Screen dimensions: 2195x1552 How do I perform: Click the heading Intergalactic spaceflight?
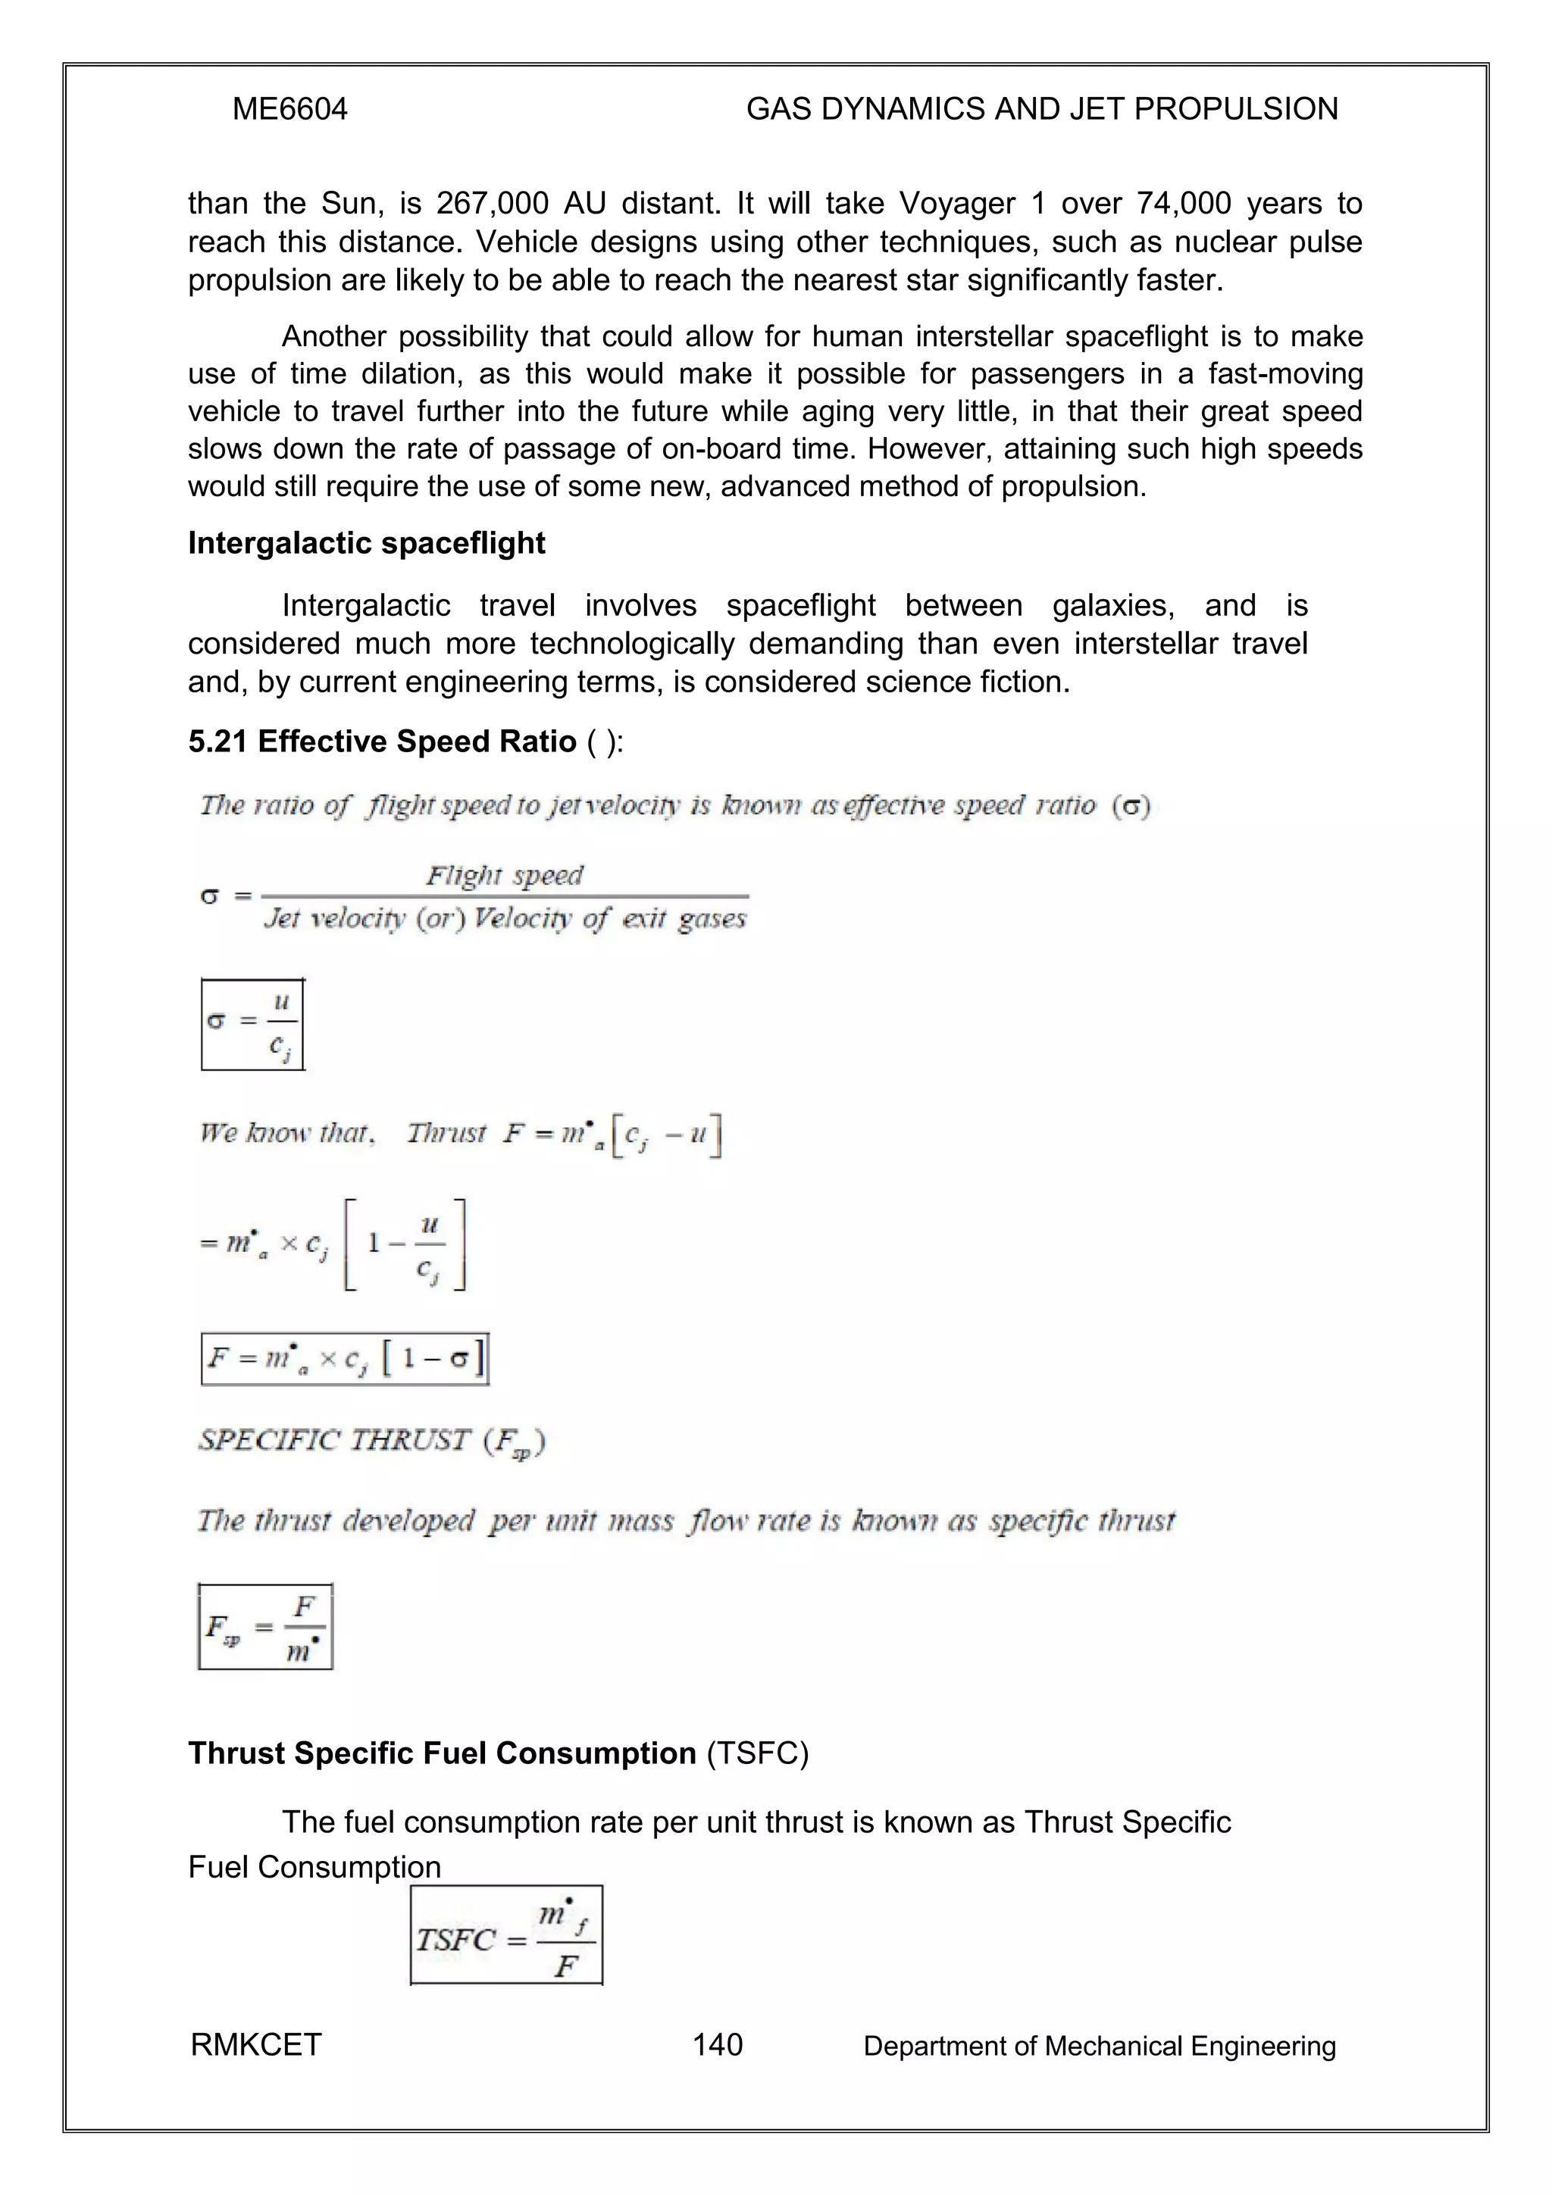point(366,543)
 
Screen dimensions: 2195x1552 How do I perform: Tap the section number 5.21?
point(219,741)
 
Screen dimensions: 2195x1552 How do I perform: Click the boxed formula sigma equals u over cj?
point(253,1024)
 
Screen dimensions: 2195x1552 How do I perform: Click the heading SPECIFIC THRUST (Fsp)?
point(371,1441)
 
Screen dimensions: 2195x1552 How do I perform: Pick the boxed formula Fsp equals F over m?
point(266,1626)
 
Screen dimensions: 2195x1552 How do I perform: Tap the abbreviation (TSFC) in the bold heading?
point(757,1753)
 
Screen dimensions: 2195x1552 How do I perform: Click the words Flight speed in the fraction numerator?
point(504,876)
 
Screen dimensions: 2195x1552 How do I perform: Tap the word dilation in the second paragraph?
point(409,374)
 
